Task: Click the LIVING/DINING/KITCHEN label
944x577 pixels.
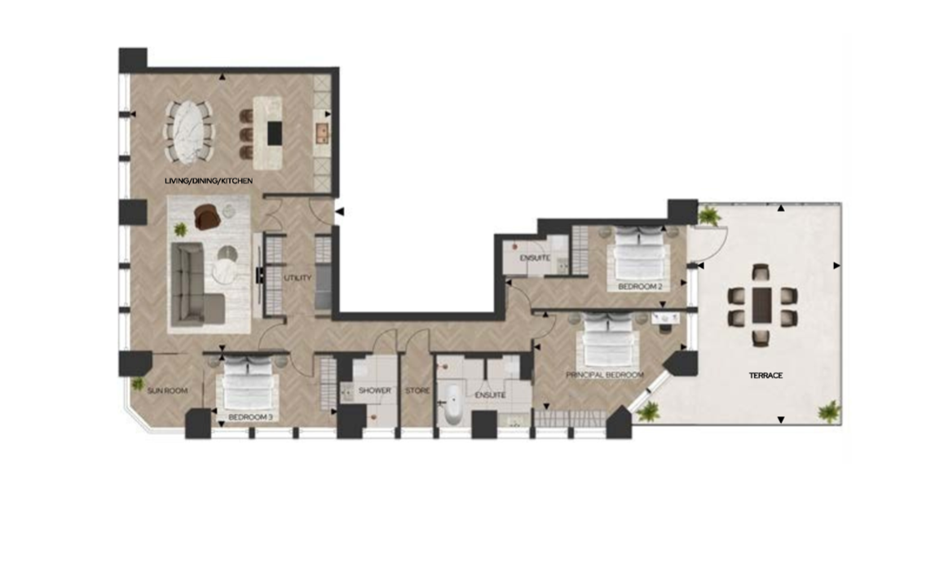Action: (x=209, y=180)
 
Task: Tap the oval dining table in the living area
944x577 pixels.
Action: (x=189, y=132)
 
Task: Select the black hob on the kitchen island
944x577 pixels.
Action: (x=275, y=133)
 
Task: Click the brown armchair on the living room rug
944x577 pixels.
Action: (x=206, y=217)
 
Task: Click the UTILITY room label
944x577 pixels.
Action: (x=298, y=278)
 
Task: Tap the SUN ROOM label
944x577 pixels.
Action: (x=167, y=390)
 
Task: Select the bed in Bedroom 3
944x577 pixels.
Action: (x=249, y=384)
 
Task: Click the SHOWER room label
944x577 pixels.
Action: (x=374, y=390)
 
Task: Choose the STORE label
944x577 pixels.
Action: (x=417, y=390)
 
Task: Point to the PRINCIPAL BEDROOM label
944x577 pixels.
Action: (x=604, y=375)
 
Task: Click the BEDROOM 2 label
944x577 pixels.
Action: (x=639, y=287)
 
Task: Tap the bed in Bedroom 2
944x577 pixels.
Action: (x=638, y=256)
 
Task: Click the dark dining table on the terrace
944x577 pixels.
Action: (x=762, y=306)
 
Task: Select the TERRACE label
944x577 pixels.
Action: (x=765, y=376)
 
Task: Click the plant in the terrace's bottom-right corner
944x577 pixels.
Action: (x=829, y=412)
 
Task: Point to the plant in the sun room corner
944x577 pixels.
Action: (x=139, y=383)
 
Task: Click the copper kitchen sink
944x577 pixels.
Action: (x=323, y=132)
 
